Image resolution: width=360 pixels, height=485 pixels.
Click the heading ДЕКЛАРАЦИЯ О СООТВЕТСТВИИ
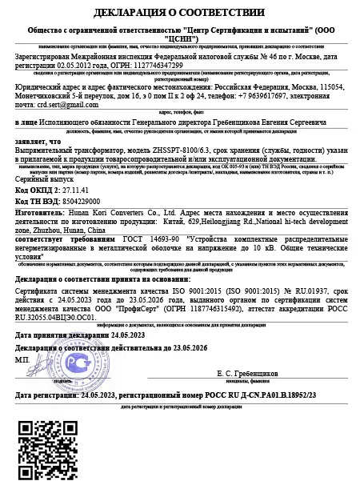point(179,13)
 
